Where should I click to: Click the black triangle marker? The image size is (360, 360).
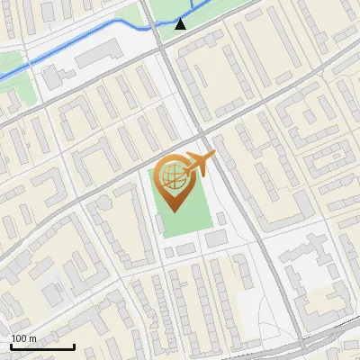pyautogui.click(x=181, y=23)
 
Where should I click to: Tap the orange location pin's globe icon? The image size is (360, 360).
pyautogui.click(x=173, y=178)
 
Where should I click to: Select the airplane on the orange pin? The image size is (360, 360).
pyautogui.click(x=200, y=164)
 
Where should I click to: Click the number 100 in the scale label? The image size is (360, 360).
pyautogui.click(x=20, y=338)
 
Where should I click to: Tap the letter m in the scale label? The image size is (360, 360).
pyautogui.click(x=32, y=338)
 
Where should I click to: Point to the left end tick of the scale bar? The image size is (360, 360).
pyautogui.click(x=11, y=345)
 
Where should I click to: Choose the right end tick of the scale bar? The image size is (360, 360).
pyautogui.click(x=74, y=345)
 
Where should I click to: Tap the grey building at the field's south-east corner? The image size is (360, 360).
pyautogui.click(x=217, y=238)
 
